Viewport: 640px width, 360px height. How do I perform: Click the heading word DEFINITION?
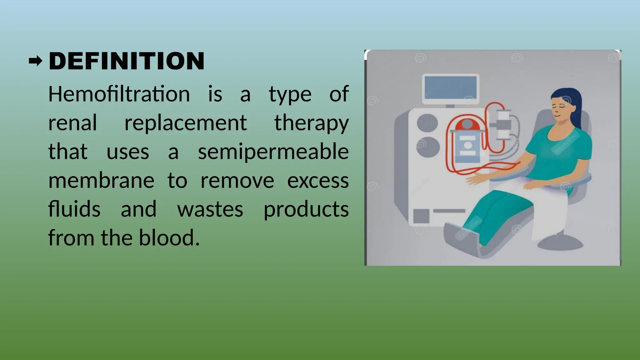click(127, 61)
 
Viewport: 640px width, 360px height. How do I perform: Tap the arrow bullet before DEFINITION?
click(35, 61)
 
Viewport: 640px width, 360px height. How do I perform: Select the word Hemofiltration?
click(119, 94)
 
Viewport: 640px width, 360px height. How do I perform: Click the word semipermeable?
click(273, 152)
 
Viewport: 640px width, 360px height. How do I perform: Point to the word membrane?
click(101, 180)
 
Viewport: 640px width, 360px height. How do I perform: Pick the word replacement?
click(186, 123)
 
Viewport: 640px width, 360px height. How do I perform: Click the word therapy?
click(311, 123)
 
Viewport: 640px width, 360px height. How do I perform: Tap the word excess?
click(317, 180)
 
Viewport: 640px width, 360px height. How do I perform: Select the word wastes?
click(210, 209)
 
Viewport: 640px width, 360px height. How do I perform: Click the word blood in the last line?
click(169, 238)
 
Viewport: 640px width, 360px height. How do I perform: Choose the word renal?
click(72, 123)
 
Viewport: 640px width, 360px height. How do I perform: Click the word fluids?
click(74, 209)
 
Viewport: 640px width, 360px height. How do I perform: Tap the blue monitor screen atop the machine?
click(451, 88)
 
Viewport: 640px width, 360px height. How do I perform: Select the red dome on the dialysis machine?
click(467, 125)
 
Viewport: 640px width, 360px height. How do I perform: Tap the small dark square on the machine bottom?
click(421, 216)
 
